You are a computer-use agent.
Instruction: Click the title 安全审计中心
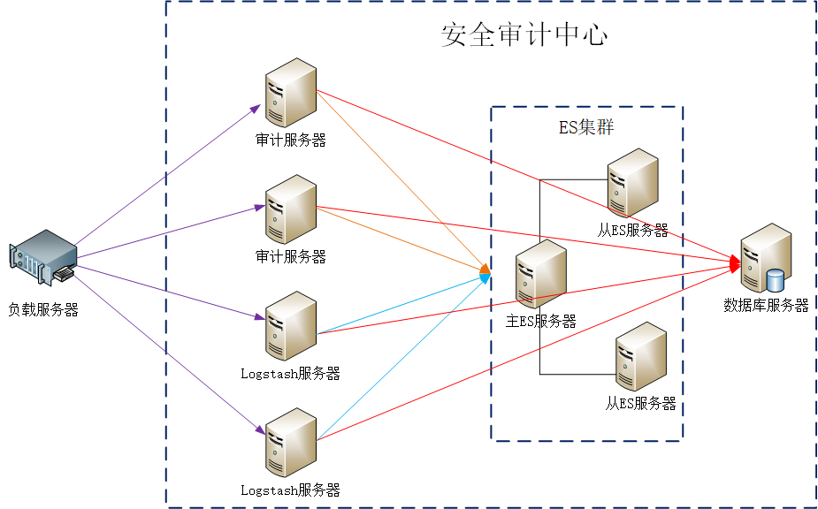coord(524,34)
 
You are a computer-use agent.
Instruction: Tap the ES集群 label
coord(586,127)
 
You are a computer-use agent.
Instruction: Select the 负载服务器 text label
coord(43,309)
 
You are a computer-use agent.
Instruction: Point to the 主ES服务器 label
coord(540,322)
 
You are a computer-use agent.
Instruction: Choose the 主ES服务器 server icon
coord(540,275)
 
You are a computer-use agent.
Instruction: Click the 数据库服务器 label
coord(766,306)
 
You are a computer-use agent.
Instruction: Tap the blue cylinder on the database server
coord(776,280)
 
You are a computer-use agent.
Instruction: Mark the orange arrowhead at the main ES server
coord(485,268)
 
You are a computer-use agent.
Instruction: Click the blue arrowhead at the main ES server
coord(485,277)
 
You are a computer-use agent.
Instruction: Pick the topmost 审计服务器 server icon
coord(291,93)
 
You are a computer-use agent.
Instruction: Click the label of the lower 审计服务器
coord(291,257)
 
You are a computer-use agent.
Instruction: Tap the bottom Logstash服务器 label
coord(290,490)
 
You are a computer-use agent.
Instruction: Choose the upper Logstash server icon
coord(291,326)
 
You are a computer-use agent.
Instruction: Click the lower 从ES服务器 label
coord(640,403)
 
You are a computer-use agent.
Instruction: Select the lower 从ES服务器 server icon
coord(640,357)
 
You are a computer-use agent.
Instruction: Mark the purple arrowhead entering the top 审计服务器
coord(256,108)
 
